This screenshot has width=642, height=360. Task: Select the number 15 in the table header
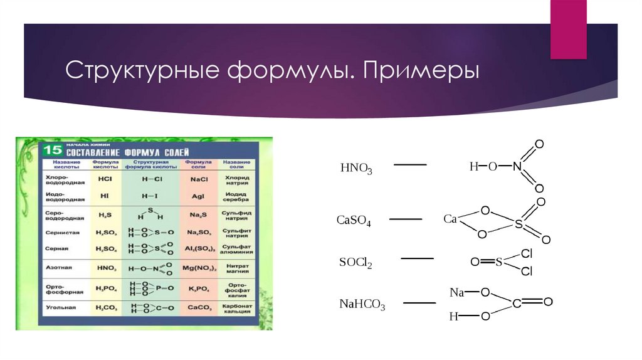click(51, 149)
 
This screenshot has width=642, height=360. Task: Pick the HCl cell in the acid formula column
click(105, 178)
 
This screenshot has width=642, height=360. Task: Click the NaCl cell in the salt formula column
click(199, 178)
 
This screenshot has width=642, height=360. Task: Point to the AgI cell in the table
click(199, 195)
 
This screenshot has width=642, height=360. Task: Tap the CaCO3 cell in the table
click(199, 308)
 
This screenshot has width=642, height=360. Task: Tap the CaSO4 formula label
click(354, 220)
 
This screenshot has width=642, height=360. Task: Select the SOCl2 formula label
click(355, 263)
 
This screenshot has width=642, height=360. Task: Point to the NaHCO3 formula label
click(362, 305)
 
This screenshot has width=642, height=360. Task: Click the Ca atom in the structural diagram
click(450, 219)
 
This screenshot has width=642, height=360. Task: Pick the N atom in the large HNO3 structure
click(516, 167)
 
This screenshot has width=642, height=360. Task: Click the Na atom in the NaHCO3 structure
click(456, 292)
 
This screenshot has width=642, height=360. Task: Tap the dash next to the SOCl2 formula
click(417, 258)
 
